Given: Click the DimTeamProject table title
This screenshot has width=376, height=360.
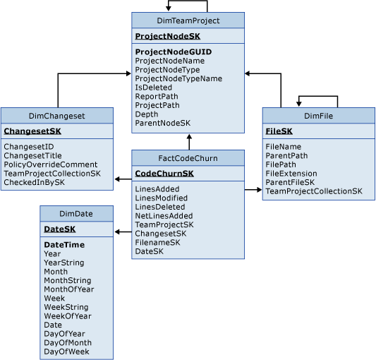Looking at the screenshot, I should [x=188, y=20].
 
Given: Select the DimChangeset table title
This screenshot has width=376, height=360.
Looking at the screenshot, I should [x=56, y=116].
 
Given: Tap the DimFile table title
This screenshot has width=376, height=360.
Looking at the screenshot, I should [x=318, y=116].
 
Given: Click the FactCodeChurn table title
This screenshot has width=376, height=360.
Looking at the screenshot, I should [x=188, y=158].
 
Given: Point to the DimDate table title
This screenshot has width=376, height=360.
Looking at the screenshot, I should [x=76, y=214].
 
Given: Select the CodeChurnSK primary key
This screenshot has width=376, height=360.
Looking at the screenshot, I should [x=164, y=173].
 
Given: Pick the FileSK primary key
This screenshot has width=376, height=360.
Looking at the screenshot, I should [x=279, y=131].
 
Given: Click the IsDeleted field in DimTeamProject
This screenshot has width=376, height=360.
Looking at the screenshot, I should [x=153, y=88].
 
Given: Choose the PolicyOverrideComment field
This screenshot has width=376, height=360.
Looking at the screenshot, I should [x=50, y=164].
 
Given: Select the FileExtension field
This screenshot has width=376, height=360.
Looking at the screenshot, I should [x=291, y=174].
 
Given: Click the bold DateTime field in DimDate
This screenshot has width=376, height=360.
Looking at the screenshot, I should [x=64, y=245].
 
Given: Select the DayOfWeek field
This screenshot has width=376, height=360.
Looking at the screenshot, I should [x=66, y=352].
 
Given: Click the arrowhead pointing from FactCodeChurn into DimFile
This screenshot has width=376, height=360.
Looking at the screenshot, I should [x=258, y=190].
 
